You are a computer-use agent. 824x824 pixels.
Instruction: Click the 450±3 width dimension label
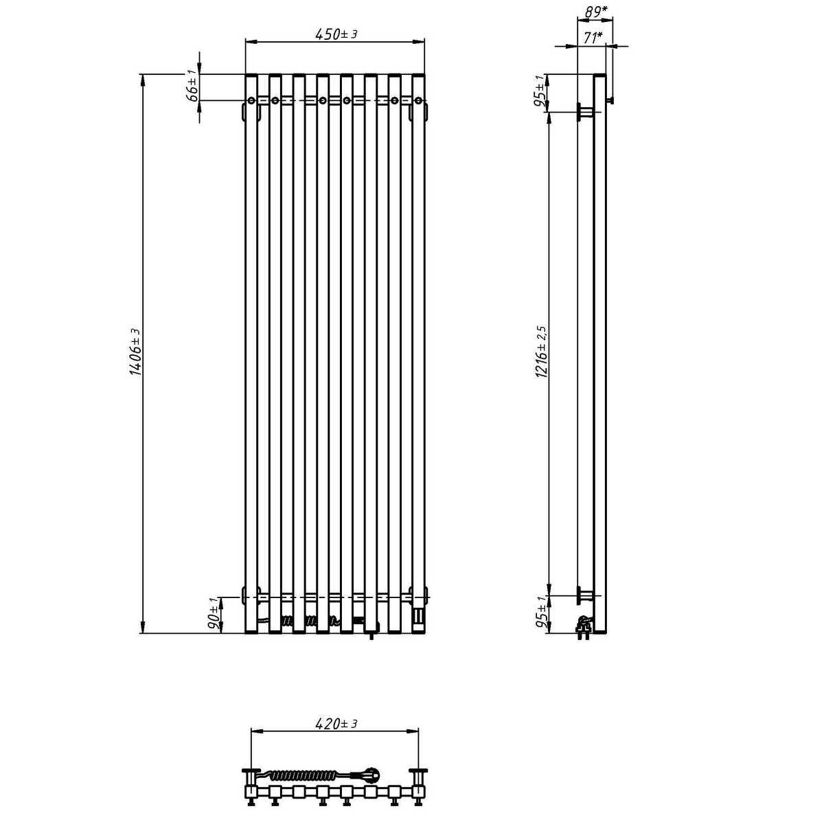click(x=336, y=34)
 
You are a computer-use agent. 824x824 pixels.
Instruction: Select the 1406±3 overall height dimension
click(x=135, y=352)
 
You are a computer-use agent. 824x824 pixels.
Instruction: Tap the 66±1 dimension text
click(x=193, y=86)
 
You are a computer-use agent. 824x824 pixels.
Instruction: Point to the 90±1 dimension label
click(x=216, y=615)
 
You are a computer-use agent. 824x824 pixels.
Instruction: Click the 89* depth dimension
click(x=596, y=12)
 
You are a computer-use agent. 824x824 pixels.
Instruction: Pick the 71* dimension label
click(x=593, y=38)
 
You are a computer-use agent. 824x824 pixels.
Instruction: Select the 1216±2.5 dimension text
click(x=541, y=352)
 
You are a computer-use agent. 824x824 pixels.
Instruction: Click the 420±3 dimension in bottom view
click(x=336, y=724)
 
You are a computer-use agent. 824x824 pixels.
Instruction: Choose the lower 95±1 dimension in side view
click(x=541, y=613)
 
